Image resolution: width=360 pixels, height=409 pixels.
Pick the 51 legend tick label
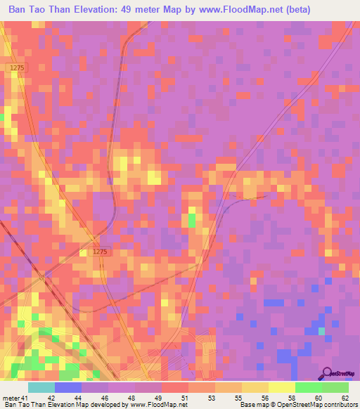(186, 398)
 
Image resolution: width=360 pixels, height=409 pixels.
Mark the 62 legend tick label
(345, 398)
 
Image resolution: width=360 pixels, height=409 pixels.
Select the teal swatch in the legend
(41, 387)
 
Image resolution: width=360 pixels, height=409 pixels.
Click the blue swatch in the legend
(68, 387)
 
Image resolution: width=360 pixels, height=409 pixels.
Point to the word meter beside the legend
(11, 398)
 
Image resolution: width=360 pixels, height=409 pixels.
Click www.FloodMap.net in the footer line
(155, 405)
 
